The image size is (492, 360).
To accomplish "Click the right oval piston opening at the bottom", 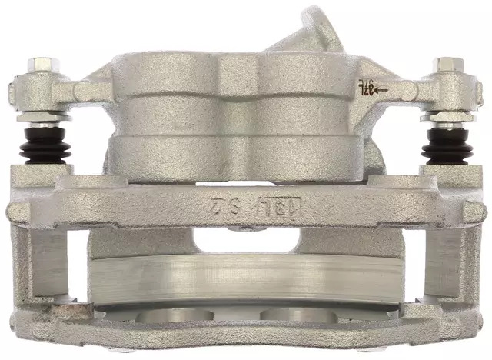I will (x=292, y=315).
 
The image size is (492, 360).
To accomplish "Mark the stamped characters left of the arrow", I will (x=364, y=89).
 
